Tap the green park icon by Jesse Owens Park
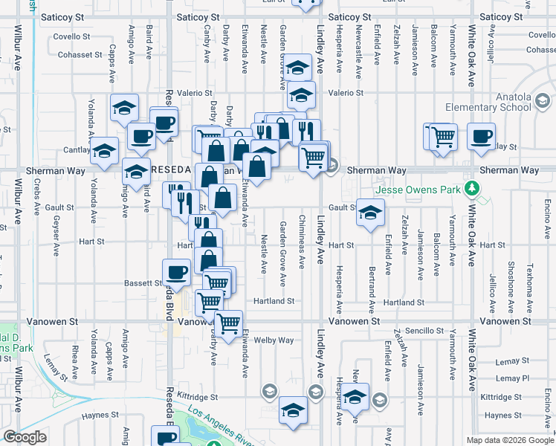(470, 187)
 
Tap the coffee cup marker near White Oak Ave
(482, 137)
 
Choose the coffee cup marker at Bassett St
(177, 272)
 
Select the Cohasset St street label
(81, 54)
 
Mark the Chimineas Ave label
(301, 242)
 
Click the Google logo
(25, 436)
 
